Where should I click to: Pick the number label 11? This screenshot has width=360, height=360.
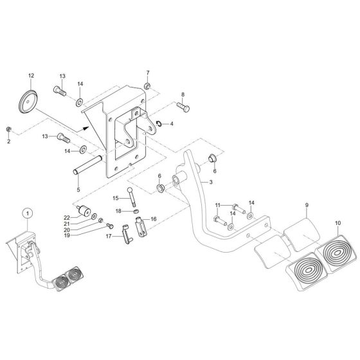pos(218,205)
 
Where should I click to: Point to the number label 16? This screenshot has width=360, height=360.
pos(153,219)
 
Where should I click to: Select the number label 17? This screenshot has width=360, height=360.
pos(109,237)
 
